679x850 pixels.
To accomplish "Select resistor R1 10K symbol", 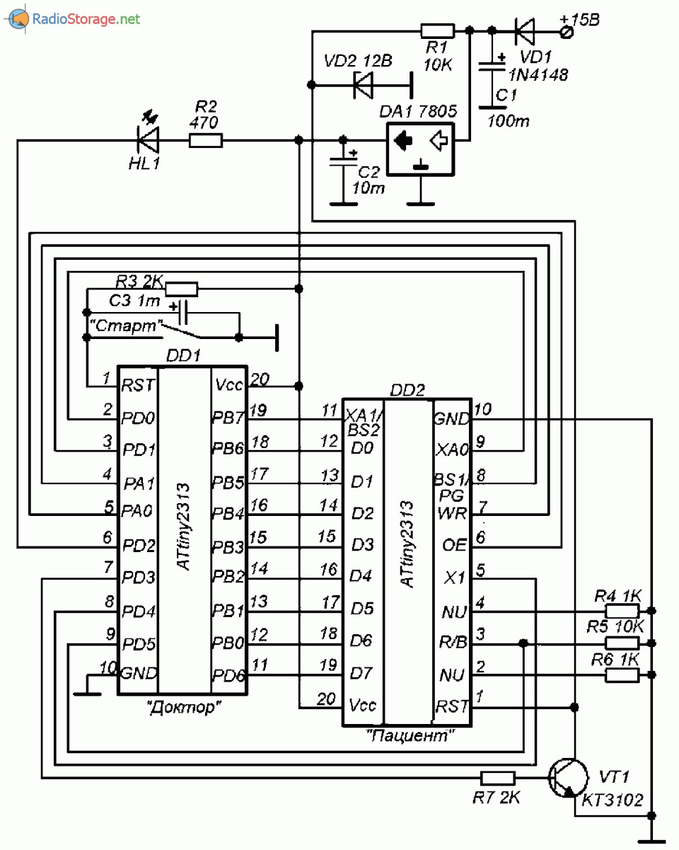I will (437, 30).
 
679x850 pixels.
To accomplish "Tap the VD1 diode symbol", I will (524, 30).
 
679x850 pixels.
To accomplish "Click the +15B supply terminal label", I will (579, 20).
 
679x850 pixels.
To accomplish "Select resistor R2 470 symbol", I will (206, 141).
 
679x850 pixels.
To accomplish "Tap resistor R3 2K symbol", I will (181, 288).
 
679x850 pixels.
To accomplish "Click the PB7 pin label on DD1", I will (228, 418).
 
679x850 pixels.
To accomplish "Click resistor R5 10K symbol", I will (623, 643).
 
